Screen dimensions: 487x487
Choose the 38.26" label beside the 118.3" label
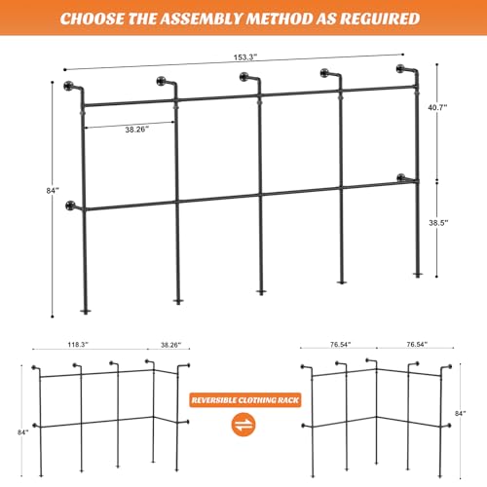pos(164,345)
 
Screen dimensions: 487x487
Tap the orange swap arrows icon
pos(243,426)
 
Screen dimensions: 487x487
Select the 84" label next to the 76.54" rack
pos(471,413)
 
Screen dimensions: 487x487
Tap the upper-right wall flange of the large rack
pos(401,69)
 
